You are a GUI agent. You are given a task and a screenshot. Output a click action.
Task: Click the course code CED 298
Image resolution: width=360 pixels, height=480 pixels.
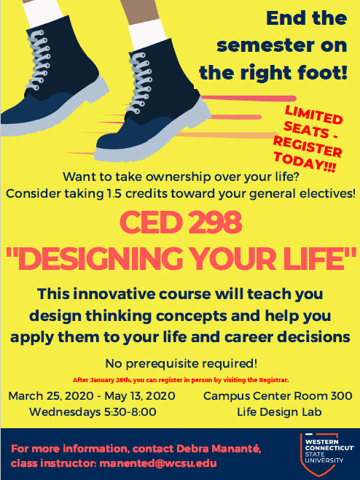pos(181,222)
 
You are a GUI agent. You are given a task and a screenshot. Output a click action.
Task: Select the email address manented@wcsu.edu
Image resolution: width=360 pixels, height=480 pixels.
pos(158,463)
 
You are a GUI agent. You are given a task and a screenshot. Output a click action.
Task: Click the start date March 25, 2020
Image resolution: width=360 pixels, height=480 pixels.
pos(51,396)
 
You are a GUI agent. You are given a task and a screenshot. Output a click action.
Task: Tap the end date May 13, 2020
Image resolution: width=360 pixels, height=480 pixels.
pos(140,396)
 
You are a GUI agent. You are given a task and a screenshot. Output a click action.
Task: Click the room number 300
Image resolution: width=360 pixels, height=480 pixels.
pos(341,396)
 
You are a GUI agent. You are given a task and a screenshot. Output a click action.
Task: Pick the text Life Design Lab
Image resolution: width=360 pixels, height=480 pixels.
pos(279,412)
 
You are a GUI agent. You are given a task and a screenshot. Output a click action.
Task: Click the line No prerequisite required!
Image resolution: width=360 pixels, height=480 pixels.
pos(181,364)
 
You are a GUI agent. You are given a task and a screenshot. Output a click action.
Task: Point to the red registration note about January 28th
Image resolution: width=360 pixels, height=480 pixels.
pos(181,380)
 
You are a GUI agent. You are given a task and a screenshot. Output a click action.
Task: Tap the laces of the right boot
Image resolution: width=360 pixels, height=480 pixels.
pos(141,83)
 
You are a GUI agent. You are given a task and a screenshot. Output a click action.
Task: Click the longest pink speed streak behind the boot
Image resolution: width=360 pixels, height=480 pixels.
pos(249,98)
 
